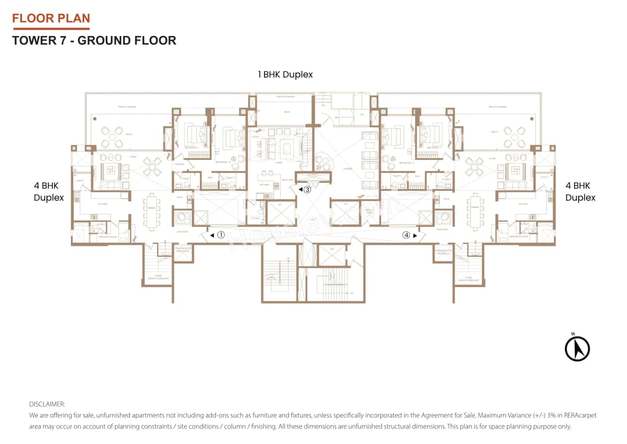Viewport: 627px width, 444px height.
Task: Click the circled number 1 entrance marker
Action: click(220, 235)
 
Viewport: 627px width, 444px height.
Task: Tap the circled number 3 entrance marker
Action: click(307, 189)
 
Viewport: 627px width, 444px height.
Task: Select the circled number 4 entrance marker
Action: click(406, 235)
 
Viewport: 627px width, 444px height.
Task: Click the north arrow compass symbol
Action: click(577, 348)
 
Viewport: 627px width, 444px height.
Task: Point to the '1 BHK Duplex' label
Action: click(285, 75)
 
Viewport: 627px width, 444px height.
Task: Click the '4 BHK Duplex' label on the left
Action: click(49, 192)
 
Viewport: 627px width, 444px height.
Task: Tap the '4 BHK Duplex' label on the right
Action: click(580, 192)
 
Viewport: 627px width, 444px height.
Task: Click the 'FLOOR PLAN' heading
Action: click(51, 19)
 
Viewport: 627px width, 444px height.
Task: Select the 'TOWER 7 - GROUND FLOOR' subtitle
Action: click(94, 40)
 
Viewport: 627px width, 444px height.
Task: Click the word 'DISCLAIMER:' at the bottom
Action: click(47, 404)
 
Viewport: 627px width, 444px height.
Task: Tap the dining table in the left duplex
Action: click(151, 211)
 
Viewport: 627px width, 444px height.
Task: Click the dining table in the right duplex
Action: click(475, 211)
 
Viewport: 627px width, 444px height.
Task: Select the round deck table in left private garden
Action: click(112, 137)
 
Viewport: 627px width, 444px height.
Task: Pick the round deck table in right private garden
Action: click(514, 137)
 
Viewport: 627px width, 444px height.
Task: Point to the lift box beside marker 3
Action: click(281, 213)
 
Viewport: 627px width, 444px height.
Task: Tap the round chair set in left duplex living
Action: click(151, 166)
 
